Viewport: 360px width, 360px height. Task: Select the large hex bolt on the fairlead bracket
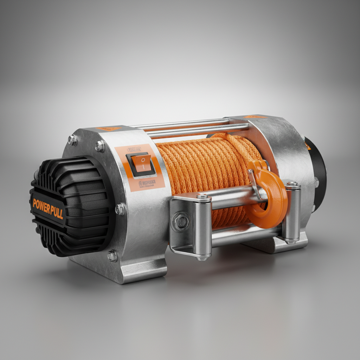181,222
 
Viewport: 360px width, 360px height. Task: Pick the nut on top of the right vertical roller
291,184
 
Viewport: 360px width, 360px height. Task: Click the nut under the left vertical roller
202,258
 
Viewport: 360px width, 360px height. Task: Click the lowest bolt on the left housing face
112,256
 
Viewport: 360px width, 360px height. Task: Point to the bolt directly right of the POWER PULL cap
120,209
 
